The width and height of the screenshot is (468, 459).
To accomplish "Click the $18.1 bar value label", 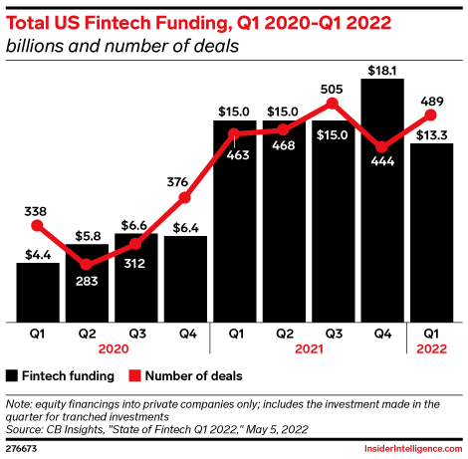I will click(x=383, y=69).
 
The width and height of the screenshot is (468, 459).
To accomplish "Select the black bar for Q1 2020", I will click(x=38, y=293).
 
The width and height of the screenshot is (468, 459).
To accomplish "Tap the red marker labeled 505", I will click(x=334, y=103).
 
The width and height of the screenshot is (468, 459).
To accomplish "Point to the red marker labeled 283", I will click(x=87, y=265).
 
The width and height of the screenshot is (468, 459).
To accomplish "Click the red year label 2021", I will click(x=309, y=350).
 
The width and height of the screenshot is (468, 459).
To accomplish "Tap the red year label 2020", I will click(x=112, y=350).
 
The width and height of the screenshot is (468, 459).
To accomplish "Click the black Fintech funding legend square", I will click(x=13, y=375).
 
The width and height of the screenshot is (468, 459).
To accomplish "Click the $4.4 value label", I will click(x=38, y=253).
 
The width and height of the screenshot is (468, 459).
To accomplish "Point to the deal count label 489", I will click(x=432, y=100).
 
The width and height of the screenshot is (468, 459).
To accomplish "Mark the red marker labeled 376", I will click(x=185, y=197).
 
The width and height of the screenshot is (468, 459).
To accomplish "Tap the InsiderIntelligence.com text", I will click(x=408, y=449).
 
